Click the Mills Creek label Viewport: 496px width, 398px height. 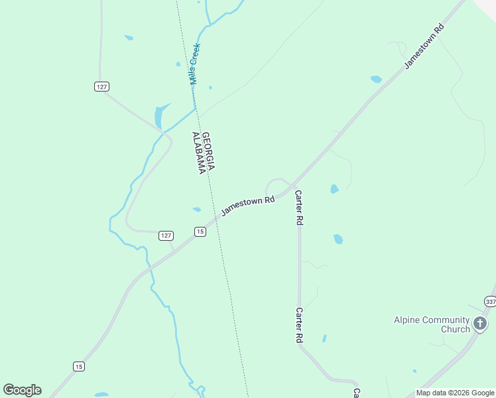click(195, 64)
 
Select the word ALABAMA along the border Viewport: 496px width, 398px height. click(197, 153)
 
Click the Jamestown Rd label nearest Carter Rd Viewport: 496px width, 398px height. click(248, 204)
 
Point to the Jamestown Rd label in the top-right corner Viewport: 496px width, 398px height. click(424, 46)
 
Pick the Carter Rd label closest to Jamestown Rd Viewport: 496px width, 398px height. click(299, 208)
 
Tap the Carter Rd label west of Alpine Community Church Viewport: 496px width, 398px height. click(300, 325)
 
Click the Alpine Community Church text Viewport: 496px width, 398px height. click(432, 324)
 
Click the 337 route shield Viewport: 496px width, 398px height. click(490, 301)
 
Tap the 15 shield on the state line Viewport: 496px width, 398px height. click(200, 232)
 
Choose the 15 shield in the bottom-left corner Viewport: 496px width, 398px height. click(79, 366)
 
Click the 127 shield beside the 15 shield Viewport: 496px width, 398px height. click(166, 235)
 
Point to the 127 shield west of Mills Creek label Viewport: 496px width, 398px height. click(101, 87)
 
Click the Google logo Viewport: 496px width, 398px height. click(22, 390)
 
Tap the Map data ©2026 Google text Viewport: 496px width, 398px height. click(456, 393)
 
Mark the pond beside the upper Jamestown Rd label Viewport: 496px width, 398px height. click(376, 79)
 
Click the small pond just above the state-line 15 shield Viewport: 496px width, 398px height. click(197, 210)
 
